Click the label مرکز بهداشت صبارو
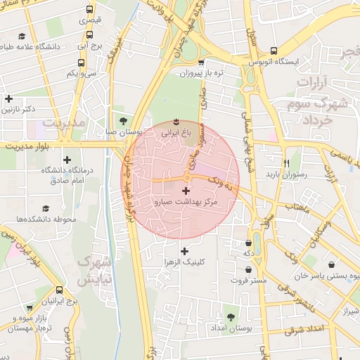[186, 202]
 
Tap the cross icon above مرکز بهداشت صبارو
[186, 191]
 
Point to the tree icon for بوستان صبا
[124, 120]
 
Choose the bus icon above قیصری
[89, 10]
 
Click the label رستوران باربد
[283, 173]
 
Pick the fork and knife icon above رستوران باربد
[287, 161]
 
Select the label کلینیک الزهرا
[184, 262]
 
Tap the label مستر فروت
[248, 281]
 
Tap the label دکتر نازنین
[18, 110]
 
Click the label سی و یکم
[82, 73]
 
